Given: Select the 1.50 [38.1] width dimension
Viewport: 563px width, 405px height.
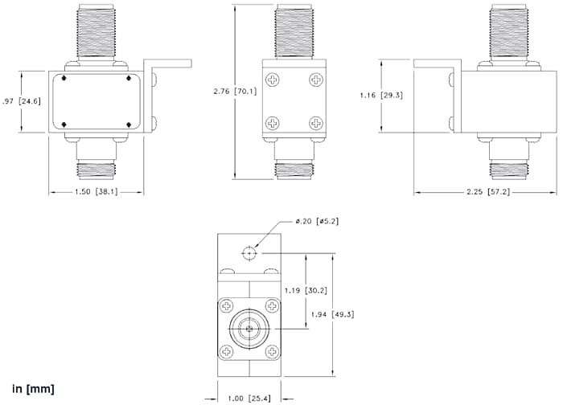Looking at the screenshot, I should point(96,193).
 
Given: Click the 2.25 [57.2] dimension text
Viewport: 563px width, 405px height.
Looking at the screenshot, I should point(486,193).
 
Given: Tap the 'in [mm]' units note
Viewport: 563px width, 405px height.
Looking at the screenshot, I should point(33,389).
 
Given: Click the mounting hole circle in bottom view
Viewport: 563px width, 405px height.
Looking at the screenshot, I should point(249,252).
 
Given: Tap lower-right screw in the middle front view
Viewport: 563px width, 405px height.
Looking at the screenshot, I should point(315,124).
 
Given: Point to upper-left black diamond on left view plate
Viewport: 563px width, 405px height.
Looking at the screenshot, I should point(63,79).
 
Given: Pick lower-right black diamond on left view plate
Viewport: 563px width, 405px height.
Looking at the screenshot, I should point(129,125).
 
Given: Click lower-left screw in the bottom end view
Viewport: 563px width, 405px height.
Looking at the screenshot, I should point(228,350).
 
